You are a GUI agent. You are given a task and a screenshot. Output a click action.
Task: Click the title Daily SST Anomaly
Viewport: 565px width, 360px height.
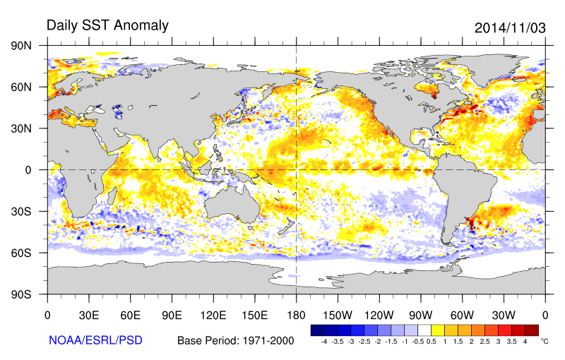[107, 25]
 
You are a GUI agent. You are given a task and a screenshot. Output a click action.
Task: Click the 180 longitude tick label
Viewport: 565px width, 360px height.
[296, 315]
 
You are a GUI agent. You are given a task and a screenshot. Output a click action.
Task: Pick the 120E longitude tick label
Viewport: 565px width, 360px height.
[213, 315]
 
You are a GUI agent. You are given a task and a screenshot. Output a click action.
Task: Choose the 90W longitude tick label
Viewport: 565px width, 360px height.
[420, 315]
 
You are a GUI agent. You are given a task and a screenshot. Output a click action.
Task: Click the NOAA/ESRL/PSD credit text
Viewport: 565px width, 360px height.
[95, 340]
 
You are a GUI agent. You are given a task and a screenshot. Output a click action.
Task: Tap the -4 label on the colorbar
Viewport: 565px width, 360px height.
[323, 341]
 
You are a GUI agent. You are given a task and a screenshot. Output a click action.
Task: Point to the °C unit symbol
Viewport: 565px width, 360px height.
[545, 340]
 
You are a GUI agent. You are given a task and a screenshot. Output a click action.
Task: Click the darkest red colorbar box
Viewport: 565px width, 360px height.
[532, 330]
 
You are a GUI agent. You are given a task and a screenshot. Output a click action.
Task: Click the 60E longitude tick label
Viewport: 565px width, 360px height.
[130, 315]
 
